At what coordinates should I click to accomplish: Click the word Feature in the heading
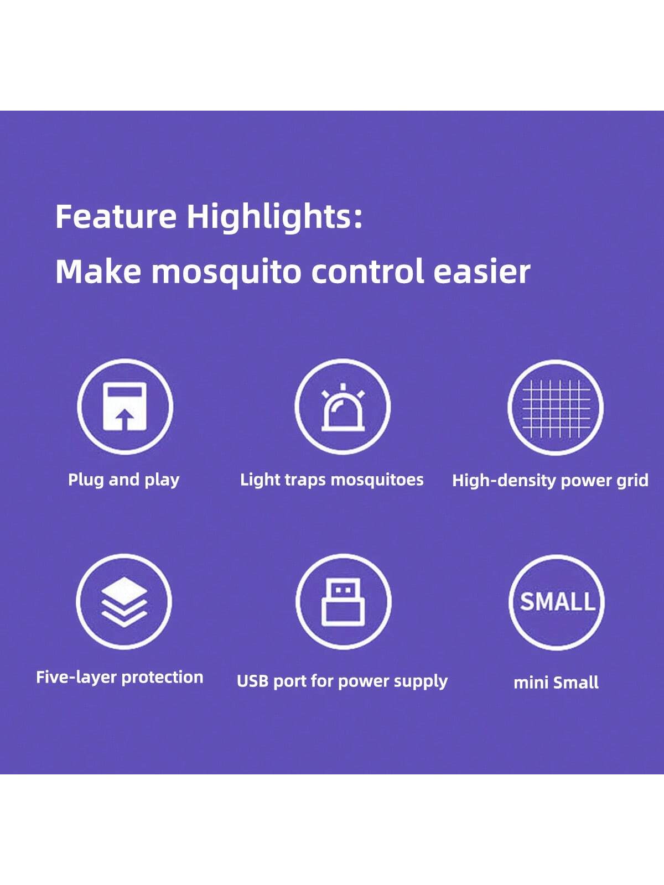coord(116,216)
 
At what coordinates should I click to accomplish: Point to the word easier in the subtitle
coord(482,272)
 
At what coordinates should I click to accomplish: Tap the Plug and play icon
coord(125,407)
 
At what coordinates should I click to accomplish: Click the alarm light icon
coord(343,407)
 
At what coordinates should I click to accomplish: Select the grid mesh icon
coord(556,407)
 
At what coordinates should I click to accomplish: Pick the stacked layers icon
coord(124,602)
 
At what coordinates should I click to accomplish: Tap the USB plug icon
coord(344,602)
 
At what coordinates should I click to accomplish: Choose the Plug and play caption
coord(124,480)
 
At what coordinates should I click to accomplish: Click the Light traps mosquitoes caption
coord(332,480)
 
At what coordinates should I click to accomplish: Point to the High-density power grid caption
coord(551,481)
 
